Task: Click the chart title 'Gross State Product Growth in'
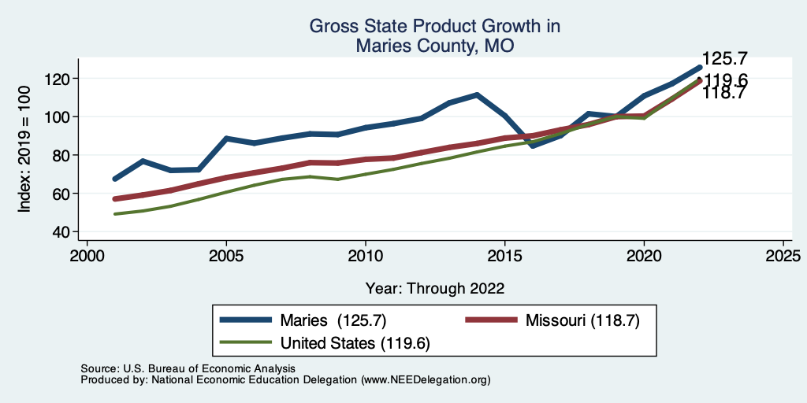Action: pos(434,26)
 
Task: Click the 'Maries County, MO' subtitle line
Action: pos(434,46)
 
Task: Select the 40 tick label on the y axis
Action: pos(63,232)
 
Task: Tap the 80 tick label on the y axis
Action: pos(63,155)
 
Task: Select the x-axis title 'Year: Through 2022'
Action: pos(434,288)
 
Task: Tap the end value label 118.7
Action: pos(724,94)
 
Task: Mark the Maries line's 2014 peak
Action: pos(477,94)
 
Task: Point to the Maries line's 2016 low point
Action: pos(532,146)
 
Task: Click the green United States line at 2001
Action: pos(115,214)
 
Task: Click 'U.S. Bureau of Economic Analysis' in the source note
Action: pos(207,368)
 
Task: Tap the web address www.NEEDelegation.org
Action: pos(426,379)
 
